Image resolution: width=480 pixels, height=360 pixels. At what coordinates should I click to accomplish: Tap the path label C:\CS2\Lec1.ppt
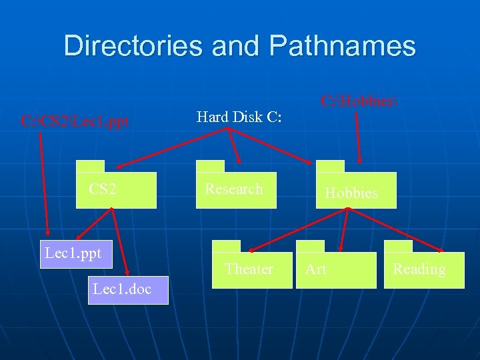coord(75,122)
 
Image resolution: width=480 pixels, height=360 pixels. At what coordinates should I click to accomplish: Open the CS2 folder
coord(116,190)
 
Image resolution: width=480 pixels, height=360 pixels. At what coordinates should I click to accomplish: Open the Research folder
coord(235,190)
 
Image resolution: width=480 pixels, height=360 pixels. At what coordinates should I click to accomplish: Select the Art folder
coord(336,270)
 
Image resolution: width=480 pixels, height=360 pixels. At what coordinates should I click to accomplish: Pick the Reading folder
coord(423,270)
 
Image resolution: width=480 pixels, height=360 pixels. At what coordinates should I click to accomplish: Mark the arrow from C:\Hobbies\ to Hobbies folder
coord(359,137)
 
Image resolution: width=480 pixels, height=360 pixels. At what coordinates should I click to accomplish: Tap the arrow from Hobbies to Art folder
coord(344,230)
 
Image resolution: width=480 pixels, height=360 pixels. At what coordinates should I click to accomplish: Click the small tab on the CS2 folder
coord(90,167)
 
